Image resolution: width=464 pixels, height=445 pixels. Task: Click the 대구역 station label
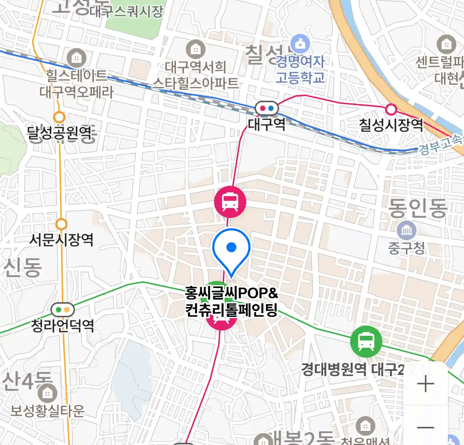tap(266, 124)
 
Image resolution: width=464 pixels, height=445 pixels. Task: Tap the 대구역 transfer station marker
tap(266, 108)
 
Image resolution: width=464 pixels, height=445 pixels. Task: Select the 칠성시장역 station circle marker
tap(391, 110)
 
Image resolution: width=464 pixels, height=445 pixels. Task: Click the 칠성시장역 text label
tap(391, 125)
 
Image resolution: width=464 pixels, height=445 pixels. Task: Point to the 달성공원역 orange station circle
tap(59, 117)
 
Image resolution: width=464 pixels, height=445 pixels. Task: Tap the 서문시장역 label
tap(61, 239)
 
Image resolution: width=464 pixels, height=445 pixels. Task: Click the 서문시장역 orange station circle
tap(61, 224)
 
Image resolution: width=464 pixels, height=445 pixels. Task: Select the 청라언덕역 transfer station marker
tap(62, 309)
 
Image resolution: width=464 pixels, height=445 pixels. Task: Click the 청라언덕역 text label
tap(62, 326)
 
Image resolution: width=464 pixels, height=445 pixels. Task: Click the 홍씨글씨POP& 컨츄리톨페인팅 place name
tap(231, 302)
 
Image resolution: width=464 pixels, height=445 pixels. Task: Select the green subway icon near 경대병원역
tap(366, 341)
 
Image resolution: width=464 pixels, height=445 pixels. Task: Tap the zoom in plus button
tap(425, 384)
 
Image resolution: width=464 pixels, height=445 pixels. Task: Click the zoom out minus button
tap(425, 427)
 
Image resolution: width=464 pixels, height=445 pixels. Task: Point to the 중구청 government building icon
tap(406, 231)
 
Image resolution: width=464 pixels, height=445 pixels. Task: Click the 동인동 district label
tap(417, 208)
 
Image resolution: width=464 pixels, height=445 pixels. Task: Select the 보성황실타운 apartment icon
tap(47, 393)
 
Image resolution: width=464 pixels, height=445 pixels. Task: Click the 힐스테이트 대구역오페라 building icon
tap(76, 58)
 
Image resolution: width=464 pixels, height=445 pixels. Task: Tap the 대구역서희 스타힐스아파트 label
tap(195, 75)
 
